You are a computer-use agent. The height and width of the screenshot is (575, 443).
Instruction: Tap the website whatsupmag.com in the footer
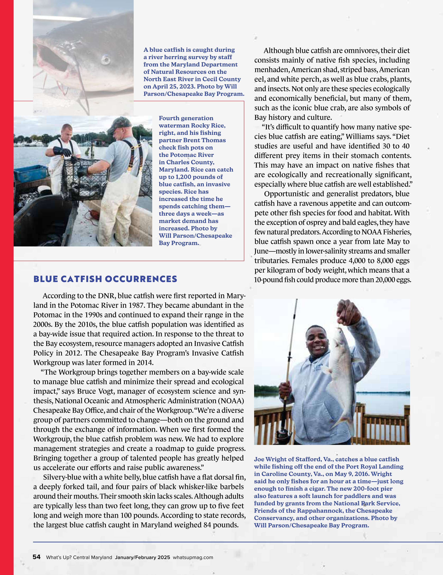pyautogui.click(x=193, y=557)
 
